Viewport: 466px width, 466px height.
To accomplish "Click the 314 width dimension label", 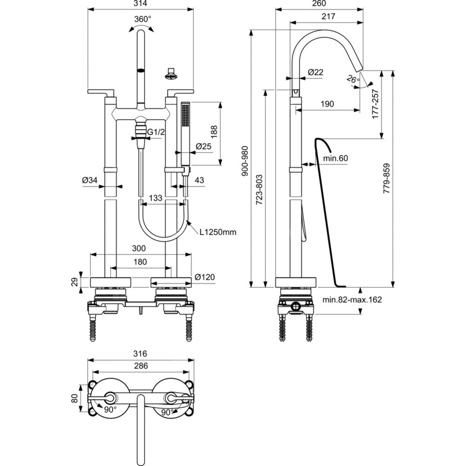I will point(140,4).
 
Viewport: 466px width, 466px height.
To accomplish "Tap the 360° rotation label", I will point(143,19).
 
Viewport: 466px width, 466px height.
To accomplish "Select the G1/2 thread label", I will point(156,132).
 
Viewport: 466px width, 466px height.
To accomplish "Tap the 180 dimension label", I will point(140,262).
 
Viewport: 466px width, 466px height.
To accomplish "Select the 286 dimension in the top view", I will point(140,366).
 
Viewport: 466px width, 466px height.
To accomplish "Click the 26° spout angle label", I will point(353,79).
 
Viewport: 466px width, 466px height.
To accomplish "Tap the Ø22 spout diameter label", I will point(315,72).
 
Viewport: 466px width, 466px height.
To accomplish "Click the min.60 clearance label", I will point(336,158).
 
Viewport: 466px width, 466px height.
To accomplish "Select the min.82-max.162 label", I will point(352,300).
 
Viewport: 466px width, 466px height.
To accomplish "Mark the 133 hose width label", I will point(155,198).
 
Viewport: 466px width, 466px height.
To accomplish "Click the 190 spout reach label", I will point(327,104).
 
